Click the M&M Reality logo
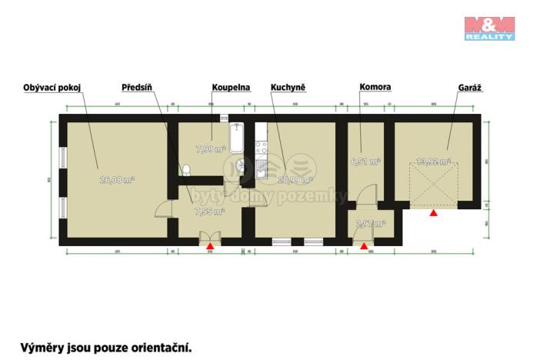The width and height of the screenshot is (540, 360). click(489, 28)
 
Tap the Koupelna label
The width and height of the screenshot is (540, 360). click(232, 88)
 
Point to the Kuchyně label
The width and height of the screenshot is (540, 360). click(288, 88)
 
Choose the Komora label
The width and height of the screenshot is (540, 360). click(375, 88)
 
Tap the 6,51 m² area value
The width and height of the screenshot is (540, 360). click(365, 162)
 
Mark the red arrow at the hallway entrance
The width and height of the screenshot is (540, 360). click(209, 245)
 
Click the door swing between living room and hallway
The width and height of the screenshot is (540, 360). click(163, 208)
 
